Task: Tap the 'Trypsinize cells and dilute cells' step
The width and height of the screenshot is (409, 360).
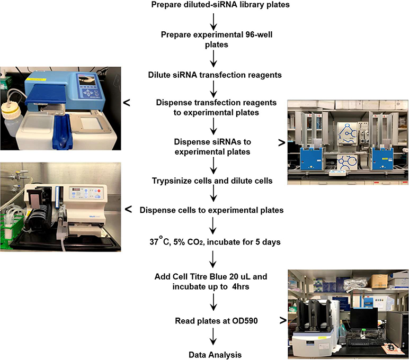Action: click(x=212, y=181)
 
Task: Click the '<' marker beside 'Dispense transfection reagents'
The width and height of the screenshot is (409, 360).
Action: click(x=127, y=103)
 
